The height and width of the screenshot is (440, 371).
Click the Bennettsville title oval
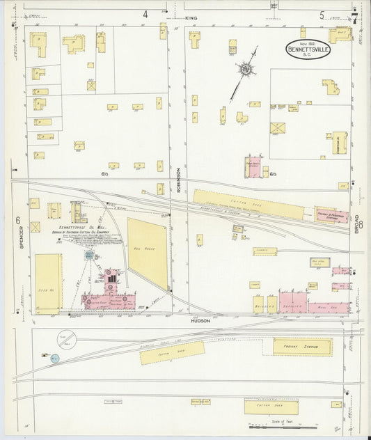(308, 50)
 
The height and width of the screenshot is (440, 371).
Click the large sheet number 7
(354, 18)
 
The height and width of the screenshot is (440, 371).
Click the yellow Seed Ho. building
(49, 280)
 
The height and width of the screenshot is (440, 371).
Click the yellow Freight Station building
(301, 346)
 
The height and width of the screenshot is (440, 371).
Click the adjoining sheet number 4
(145, 14)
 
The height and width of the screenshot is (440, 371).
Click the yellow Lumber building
(265, 251)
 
